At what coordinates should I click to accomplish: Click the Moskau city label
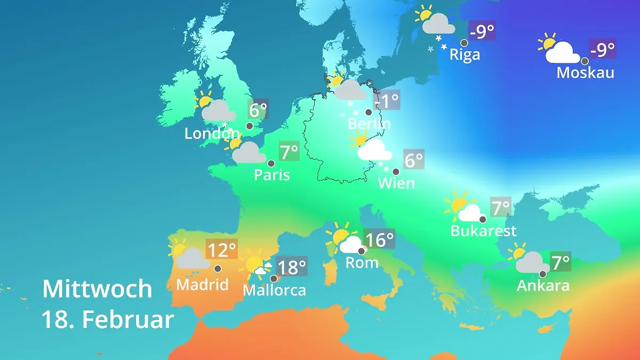coord(585,73)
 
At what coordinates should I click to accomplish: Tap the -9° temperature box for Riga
coord(482,31)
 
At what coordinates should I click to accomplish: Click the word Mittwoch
coord(97,290)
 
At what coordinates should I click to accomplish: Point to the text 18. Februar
coord(108,320)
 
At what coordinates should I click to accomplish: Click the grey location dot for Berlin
coord(368,113)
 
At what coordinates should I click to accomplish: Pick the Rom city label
coord(362,262)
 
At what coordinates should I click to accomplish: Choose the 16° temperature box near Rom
coord(380,239)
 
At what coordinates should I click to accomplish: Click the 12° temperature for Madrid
coord(221,250)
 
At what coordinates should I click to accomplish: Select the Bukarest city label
coord(483,231)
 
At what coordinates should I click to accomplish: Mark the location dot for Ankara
coord(542,274)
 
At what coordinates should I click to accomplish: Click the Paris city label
coord(271,175)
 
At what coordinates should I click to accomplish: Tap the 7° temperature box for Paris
coord(289,152)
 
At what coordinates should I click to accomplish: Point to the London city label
coord(212,134)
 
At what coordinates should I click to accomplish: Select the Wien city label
coord(396,183)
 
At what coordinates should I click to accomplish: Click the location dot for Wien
coord(396,172)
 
